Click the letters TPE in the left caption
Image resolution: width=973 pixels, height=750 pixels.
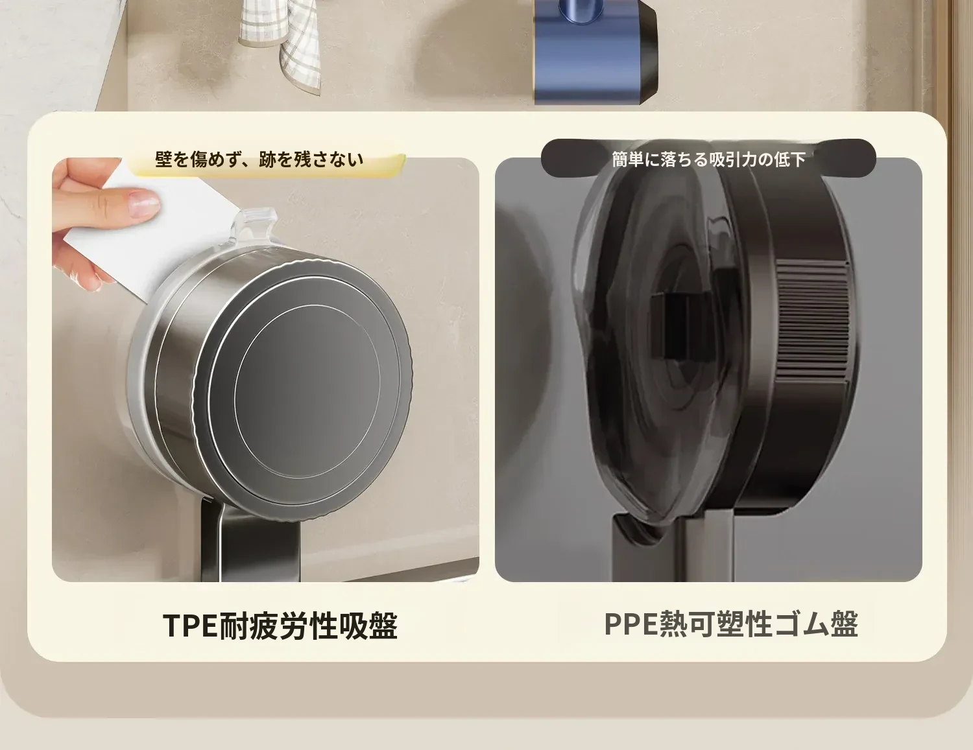point(190,626)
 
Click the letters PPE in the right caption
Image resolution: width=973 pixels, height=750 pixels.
point(631,624)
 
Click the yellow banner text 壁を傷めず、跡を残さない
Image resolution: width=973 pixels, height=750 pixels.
point(259,159)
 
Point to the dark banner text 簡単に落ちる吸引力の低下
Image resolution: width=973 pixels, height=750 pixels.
point(708,159)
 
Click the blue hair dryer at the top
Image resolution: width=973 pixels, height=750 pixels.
point(595,51)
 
